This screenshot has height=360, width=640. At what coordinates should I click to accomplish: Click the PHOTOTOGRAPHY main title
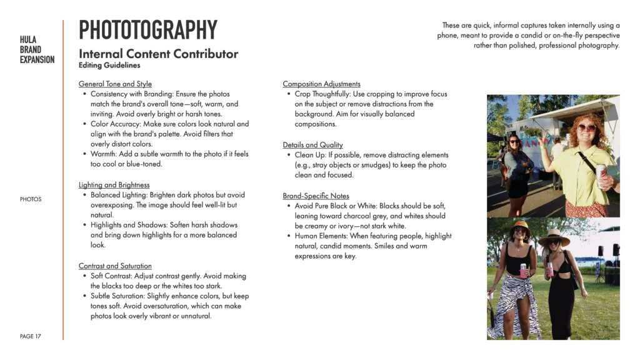(x=147, y=30)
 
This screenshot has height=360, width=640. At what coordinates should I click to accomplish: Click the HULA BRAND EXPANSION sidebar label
(x=37, y=50)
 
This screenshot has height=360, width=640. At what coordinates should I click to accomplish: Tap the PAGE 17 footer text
(x=31, y=336)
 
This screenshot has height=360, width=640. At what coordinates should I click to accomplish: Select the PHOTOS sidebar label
(x=31, y=199)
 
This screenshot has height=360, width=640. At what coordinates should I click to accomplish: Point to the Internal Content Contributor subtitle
(x=158, y=54)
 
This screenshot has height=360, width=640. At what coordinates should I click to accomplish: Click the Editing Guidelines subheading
(x=109, y=65)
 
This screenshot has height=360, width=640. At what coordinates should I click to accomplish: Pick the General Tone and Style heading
(x=115, y=84)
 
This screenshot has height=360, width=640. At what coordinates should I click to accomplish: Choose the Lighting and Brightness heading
(x=114, y=185)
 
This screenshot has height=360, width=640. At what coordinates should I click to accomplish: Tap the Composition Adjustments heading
(x=321, y=84)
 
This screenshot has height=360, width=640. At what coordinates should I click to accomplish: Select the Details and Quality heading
(x=312, y=145)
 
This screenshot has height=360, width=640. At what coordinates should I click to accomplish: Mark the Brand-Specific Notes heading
(x=316, y=196)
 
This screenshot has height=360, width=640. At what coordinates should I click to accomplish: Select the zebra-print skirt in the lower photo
(x=514, y=306)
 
